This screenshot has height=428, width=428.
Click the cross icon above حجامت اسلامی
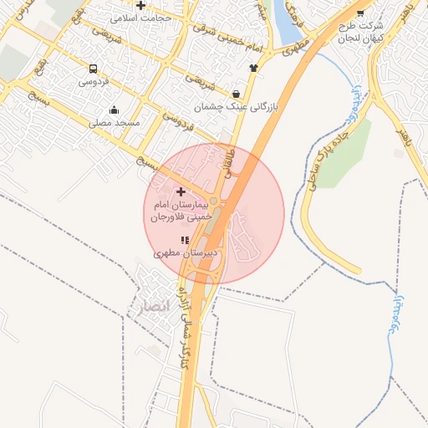click(140, 5)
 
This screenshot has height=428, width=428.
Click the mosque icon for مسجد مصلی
click(115, 110)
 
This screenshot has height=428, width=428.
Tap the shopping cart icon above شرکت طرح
click(360, 13)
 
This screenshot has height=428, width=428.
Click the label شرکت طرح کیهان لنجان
click(361, 32)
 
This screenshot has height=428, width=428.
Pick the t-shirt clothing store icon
click(253, 68)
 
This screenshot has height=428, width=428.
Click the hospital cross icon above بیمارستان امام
click(181, 191)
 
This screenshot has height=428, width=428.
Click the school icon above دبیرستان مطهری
click(185, 240)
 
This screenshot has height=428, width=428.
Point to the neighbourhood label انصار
click(151, 306)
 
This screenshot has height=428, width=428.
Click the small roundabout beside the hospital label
click(214, 201)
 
